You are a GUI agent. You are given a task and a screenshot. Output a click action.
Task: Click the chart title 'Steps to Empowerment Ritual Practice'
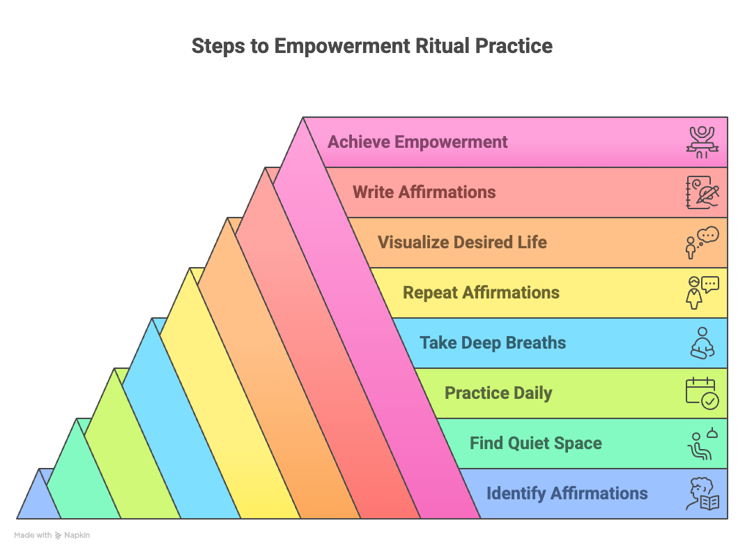[x=372, y=46]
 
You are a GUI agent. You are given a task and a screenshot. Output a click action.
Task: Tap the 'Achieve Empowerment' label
[x=417, y=142]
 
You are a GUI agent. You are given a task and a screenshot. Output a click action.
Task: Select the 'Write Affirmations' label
[x=424, y=192]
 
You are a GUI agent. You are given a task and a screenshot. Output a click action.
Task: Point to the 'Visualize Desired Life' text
[x=462, y=243]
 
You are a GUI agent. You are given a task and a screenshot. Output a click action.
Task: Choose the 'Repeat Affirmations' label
[x=481, y=293]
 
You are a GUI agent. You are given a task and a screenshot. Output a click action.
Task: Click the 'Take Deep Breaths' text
[x=492, y=343]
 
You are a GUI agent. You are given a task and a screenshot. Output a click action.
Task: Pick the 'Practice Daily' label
[x=498, y=393]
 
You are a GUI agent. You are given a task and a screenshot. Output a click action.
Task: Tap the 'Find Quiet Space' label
[x=535, y=444]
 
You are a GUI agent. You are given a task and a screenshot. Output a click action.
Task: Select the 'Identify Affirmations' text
[x=567, y=494]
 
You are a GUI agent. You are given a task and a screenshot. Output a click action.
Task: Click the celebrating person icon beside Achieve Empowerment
[x=702, y=142]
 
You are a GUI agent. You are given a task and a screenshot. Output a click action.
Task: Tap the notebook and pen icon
[x=702, y=192]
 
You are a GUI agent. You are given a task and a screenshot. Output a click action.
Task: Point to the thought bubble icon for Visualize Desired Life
[x=702, y=243]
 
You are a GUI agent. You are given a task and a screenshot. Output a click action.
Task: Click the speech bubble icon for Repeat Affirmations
[x=702, y=293]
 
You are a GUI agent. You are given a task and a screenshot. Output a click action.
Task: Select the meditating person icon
[x=702, y=343]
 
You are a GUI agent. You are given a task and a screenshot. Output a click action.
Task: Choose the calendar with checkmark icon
[x=702, y=393]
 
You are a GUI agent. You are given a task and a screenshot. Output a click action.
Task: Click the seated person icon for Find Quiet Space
[x=702, y=444]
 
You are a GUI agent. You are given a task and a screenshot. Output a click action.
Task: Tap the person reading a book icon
[x=702, y=494]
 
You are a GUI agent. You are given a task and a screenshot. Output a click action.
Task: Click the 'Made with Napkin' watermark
[x=52, y=536]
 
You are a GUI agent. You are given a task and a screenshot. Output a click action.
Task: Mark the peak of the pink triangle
[x=304, y=120]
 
